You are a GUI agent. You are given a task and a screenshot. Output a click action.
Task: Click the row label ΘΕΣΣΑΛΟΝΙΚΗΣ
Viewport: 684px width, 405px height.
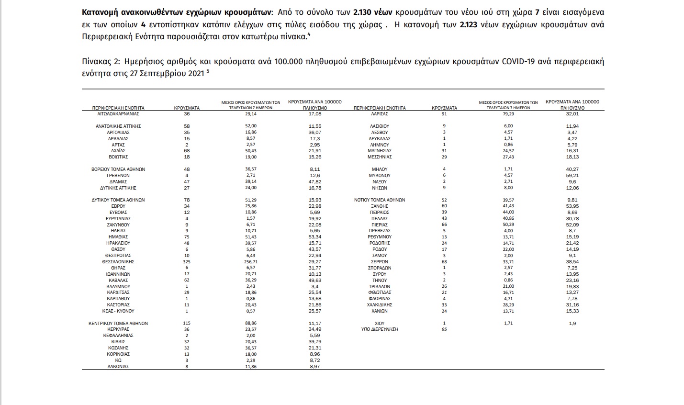point(118,262)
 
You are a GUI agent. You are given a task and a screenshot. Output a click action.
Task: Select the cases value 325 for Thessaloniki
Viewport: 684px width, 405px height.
point(187,262)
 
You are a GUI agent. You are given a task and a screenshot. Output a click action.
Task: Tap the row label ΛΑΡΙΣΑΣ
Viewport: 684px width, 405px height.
point(379,114)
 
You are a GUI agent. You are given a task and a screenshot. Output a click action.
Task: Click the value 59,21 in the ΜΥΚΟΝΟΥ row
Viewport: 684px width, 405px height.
point(572,175)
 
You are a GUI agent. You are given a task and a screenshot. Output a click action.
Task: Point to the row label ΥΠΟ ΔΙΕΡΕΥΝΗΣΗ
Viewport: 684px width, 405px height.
point(379,329)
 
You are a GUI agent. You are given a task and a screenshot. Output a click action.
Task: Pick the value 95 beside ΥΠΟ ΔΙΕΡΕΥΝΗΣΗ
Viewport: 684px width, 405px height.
point(444,329)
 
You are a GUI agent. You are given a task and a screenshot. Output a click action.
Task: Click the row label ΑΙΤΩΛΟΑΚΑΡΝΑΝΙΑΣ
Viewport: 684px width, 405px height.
point(118,114)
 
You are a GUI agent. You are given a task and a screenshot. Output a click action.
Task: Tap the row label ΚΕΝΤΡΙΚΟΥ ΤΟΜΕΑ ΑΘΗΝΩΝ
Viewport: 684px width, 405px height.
point(118,323)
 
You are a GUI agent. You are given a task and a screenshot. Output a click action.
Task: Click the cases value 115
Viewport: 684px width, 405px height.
point(187,323)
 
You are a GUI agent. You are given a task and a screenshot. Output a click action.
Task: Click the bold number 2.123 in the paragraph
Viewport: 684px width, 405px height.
point(469,24)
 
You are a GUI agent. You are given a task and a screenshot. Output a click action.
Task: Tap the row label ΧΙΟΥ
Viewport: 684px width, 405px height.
point(379,323)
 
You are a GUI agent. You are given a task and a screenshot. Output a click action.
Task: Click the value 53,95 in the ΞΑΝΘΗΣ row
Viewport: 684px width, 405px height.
point(572,206)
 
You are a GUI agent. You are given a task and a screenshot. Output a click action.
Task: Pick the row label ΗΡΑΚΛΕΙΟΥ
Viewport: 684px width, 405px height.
point(118,243)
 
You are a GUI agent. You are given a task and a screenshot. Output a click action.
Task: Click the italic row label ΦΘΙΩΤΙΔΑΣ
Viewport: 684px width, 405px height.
point(380,292)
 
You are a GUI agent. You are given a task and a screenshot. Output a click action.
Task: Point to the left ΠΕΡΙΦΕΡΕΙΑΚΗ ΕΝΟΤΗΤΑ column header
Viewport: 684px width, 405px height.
point(118,108)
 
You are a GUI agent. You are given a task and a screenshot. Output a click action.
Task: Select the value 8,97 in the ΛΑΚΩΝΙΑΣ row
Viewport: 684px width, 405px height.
point(314,367)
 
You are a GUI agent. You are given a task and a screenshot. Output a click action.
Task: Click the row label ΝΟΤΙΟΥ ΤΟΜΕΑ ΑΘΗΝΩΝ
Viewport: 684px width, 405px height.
point(380,200)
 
